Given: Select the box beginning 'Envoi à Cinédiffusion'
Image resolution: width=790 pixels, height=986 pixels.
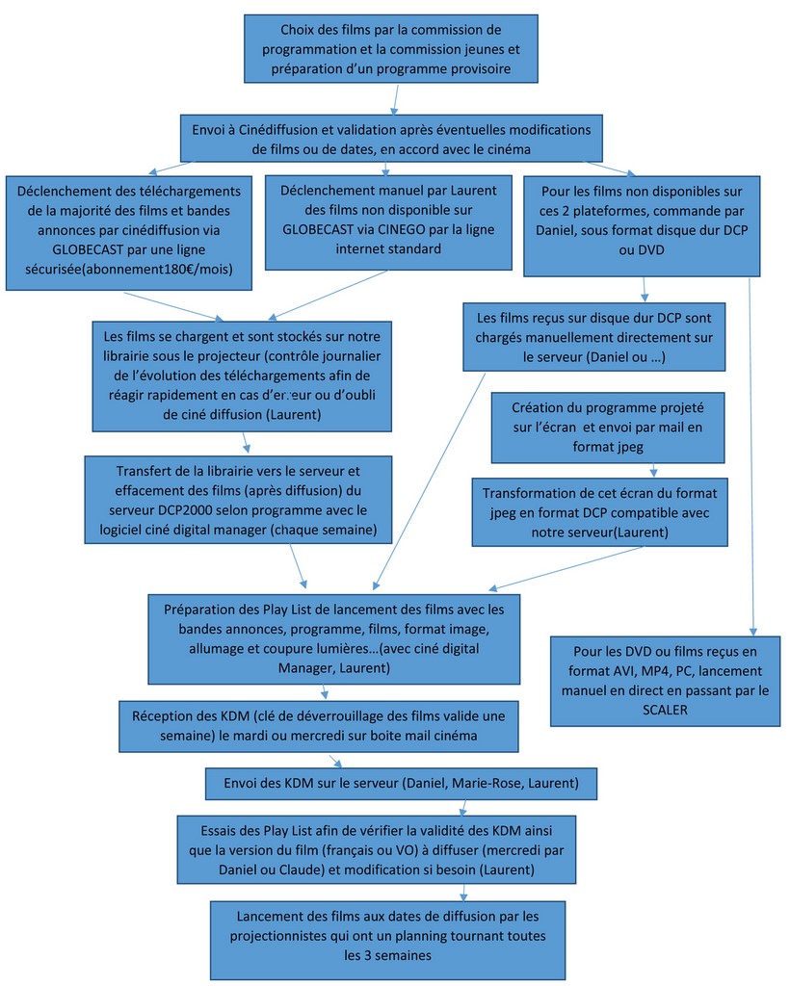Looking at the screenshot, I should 391,138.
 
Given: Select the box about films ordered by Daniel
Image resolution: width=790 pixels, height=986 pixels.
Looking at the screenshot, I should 641,221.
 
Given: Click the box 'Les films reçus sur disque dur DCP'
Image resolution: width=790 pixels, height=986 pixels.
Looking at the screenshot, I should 593,336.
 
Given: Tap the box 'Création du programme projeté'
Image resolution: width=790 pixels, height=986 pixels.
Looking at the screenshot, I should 608,427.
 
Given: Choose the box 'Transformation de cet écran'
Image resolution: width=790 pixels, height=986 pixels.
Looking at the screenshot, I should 600,510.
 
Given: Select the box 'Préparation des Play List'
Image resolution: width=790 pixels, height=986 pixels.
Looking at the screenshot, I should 333,637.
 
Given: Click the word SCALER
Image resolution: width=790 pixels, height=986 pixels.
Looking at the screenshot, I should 667,709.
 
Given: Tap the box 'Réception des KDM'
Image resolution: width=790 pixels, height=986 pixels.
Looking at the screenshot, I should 326,725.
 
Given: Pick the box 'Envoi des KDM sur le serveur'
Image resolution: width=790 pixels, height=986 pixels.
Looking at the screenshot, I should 401,783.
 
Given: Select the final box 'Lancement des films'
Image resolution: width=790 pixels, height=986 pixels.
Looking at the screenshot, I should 387,938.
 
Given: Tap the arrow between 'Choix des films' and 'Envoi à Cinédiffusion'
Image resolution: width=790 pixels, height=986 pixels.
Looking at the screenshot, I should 395,99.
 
